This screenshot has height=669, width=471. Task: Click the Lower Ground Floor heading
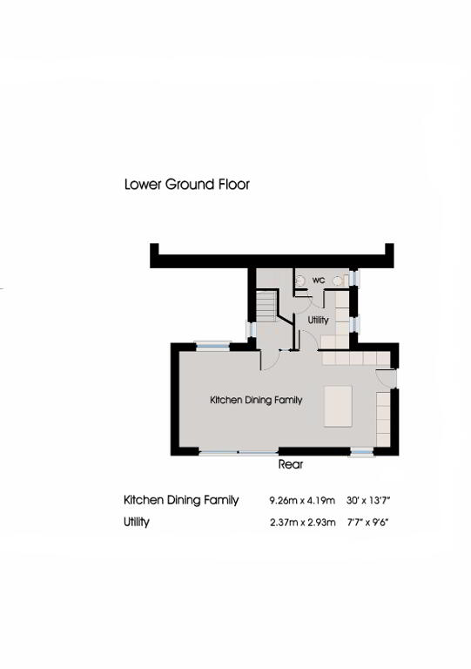click(186, 185)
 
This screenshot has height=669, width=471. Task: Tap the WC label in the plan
click(319, 280)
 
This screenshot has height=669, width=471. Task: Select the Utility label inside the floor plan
click(318, 320)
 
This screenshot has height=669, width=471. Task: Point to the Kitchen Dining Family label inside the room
click(256, 400)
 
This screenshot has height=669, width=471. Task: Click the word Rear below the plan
click(291, 464)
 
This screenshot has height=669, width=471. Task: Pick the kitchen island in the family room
click(338, 406)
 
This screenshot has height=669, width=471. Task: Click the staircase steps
click(266, 307)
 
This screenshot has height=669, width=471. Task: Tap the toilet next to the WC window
click(339, 280)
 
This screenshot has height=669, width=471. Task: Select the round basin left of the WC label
click(300, 280)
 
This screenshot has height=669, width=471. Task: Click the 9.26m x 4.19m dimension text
click(302, 500)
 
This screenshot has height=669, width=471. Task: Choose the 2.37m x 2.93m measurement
click(303, 523)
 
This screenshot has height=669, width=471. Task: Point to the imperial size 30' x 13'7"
click(368, 500)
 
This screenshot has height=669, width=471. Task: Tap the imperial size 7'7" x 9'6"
click(368, 523)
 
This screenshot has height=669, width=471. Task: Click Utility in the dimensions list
click(137, 523)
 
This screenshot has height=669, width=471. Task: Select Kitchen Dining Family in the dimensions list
click(181, 500)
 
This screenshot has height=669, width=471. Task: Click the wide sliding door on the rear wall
click(239, 452)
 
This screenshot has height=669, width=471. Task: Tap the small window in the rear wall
click(361, 452)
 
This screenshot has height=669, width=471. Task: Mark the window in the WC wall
click(353, 278)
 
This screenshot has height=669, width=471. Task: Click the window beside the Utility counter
click(354, 324)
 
